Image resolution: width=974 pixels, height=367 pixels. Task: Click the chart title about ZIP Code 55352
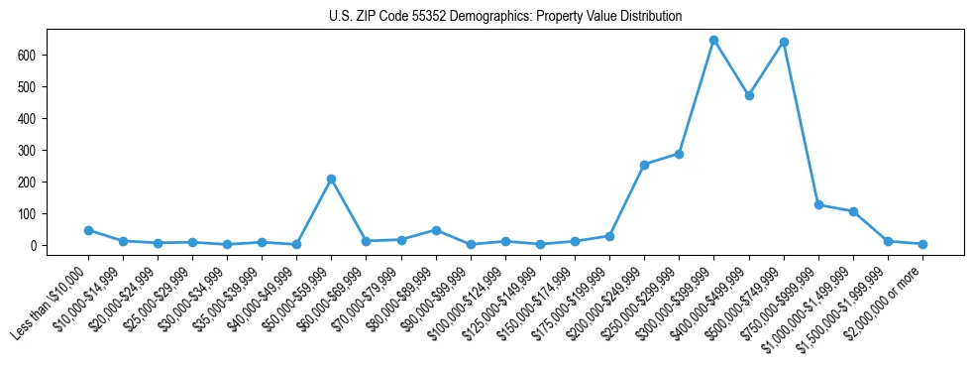505,17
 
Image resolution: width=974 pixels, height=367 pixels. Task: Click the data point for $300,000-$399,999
713,41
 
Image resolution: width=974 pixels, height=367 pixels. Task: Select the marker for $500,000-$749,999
784,43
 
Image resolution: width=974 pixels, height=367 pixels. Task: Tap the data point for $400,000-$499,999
749,96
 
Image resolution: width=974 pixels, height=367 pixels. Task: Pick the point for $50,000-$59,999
331,179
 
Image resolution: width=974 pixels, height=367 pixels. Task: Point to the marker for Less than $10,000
88,230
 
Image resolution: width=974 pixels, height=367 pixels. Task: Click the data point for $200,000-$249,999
644,165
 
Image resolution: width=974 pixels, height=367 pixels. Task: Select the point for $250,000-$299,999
679,154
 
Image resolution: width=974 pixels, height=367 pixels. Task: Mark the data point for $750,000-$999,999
818,204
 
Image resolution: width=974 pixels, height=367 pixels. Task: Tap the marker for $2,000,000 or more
922,244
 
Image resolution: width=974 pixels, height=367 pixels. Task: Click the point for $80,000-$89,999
436,230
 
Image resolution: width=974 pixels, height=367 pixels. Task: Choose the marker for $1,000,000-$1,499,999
853,211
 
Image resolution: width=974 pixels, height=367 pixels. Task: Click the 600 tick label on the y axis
29,56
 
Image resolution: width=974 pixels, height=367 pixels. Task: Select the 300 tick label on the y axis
29,151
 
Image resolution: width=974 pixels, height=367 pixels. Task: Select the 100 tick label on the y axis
29,213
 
